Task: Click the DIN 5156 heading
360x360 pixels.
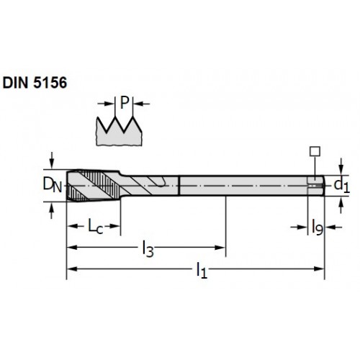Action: point(35,83)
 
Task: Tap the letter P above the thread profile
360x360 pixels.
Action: point(125,102)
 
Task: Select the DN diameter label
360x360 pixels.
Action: point(53,185)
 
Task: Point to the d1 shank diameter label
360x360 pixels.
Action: point(342,186)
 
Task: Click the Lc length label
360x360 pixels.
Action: point(96,227)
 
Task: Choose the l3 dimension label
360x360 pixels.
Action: point(148,249)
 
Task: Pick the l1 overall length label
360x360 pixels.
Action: point(202,270)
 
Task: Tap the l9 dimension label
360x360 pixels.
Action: point(318,227)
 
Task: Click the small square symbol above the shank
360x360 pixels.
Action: point(315,151)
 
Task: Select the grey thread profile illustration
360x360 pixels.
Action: point(119,131)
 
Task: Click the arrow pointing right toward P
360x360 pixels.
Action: point(105,104)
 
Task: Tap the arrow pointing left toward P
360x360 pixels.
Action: point(142,104)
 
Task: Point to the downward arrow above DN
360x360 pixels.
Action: point(51,161)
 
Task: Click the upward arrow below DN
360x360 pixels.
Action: point(51,210)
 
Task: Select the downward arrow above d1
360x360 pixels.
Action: point(341,166)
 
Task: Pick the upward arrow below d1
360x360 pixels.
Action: point(341,205)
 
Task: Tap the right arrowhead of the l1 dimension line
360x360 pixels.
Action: point(319,269)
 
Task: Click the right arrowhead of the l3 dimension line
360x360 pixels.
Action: point(220,248)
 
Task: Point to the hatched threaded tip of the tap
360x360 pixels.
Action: point(94,186)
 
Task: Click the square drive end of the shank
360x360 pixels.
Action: point(315,186)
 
